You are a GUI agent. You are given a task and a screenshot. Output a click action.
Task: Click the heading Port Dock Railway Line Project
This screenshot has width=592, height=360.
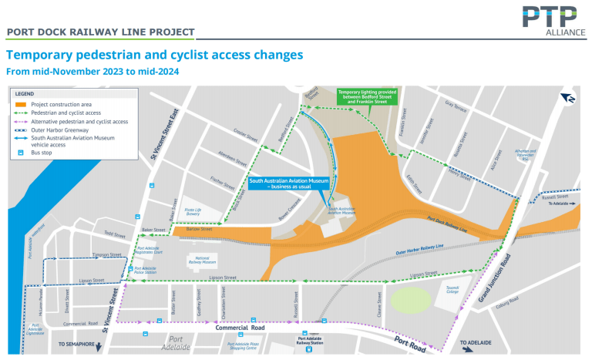click(x=99, y=32)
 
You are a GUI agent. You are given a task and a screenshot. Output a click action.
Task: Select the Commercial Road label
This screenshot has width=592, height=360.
click(x=241, y=328)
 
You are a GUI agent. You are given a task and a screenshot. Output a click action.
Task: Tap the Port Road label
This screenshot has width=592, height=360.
click(x=409, y=343)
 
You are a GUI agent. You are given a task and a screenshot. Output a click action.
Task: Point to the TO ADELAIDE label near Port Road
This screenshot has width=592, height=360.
click(x=479, y=342)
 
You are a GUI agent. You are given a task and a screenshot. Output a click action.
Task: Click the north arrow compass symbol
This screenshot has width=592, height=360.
click(x=567, y=98)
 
